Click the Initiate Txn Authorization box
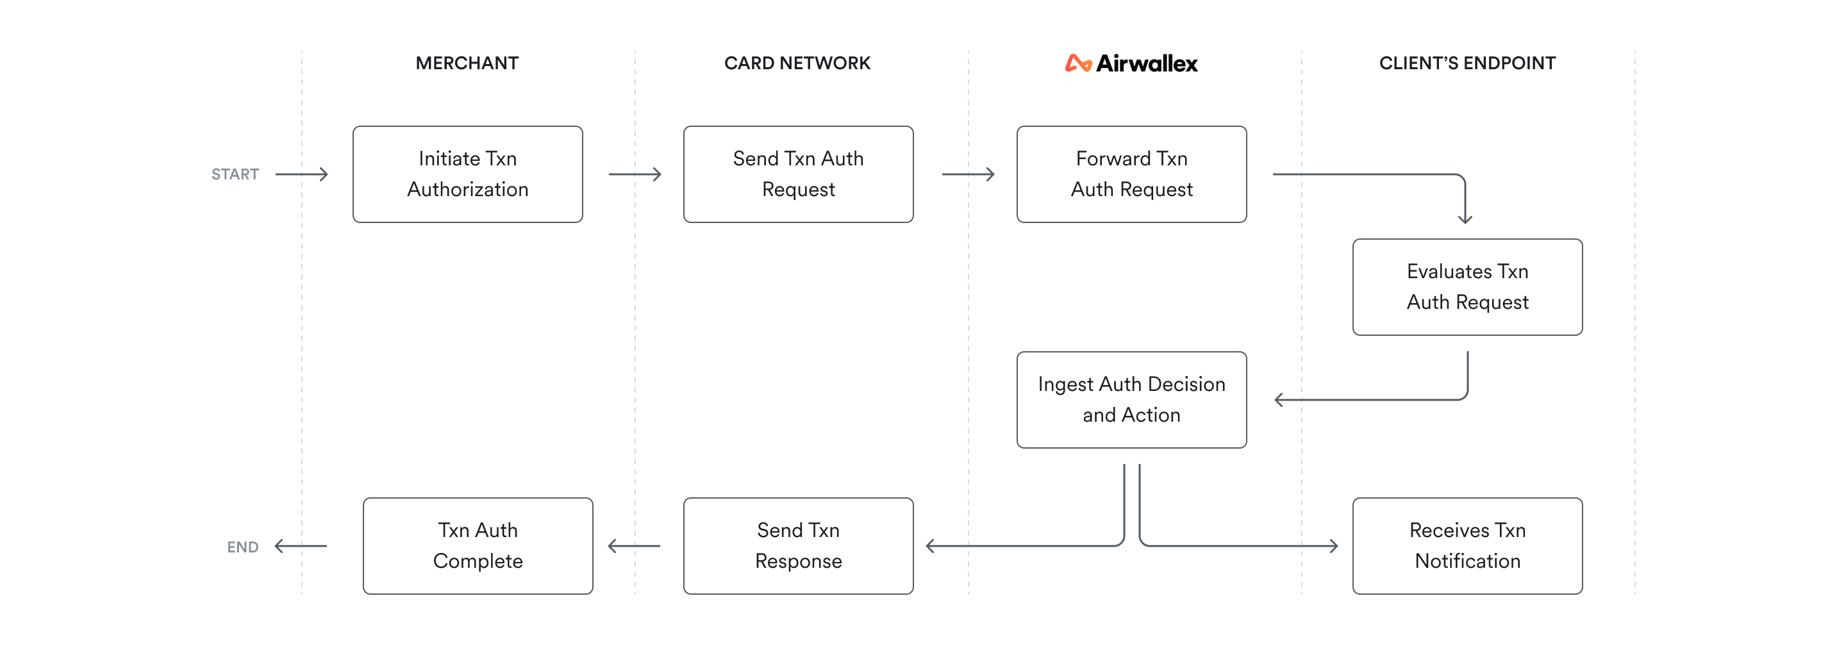[x=467, y=174]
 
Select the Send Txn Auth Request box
[x=797, y=174]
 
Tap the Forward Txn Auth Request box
[x=1131, y=174]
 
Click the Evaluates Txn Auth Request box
[x=1467, y=286]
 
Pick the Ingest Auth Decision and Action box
[x=1131, y=400]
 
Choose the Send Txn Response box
[x=797, y=546]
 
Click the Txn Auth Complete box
[x=478, y=546]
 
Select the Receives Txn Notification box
[x=1467, y=546]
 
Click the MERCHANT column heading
[x=467, y=63]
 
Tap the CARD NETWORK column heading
[x=797, y=63]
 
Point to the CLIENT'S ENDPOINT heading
[x=1467, y=63]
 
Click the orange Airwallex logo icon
[x=1077, y=63]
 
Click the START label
[x=235, y=174]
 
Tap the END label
[x=242, y=547]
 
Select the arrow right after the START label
[x=302, y=174]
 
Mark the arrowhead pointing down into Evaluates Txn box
[x=1465, y=218]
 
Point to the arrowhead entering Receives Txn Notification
[x=1333, y=546]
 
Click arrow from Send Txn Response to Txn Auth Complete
[x=633, y=547]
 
